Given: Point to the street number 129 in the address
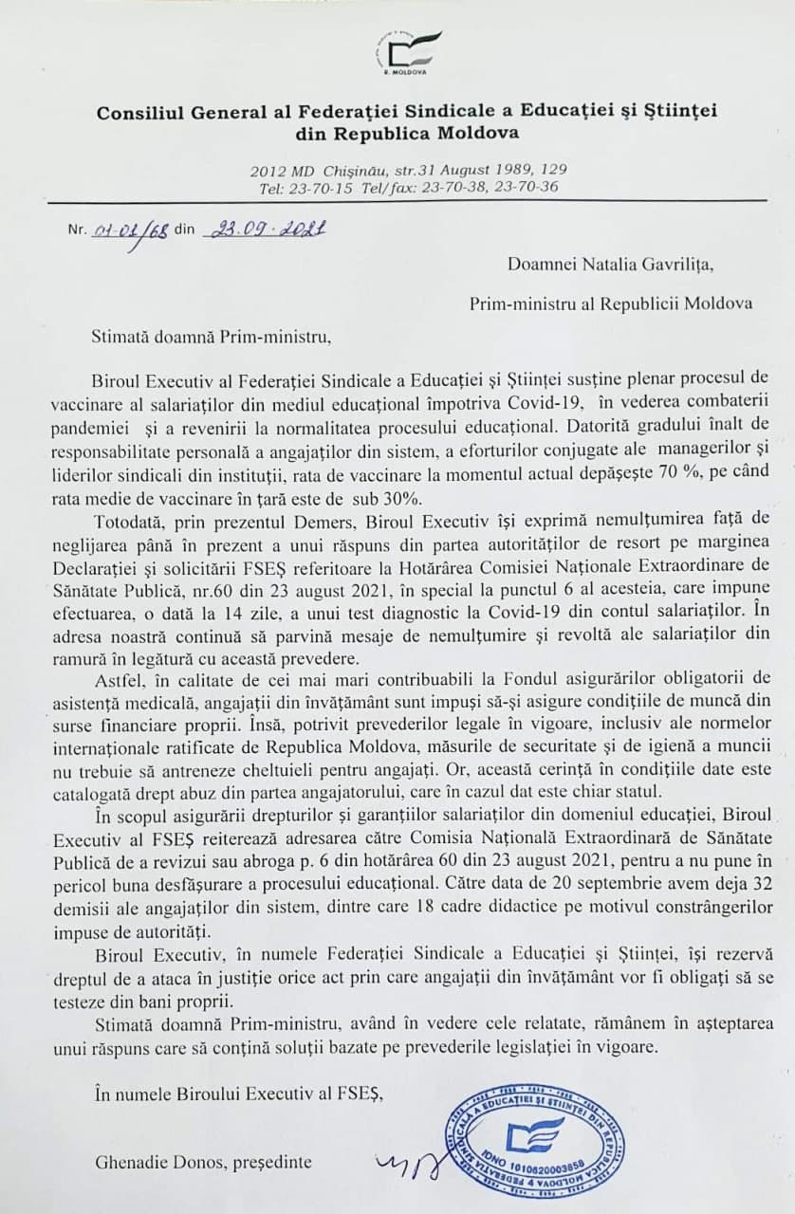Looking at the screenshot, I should (x=555, y=169).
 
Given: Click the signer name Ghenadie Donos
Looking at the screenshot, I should (x=155, y=1161).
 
